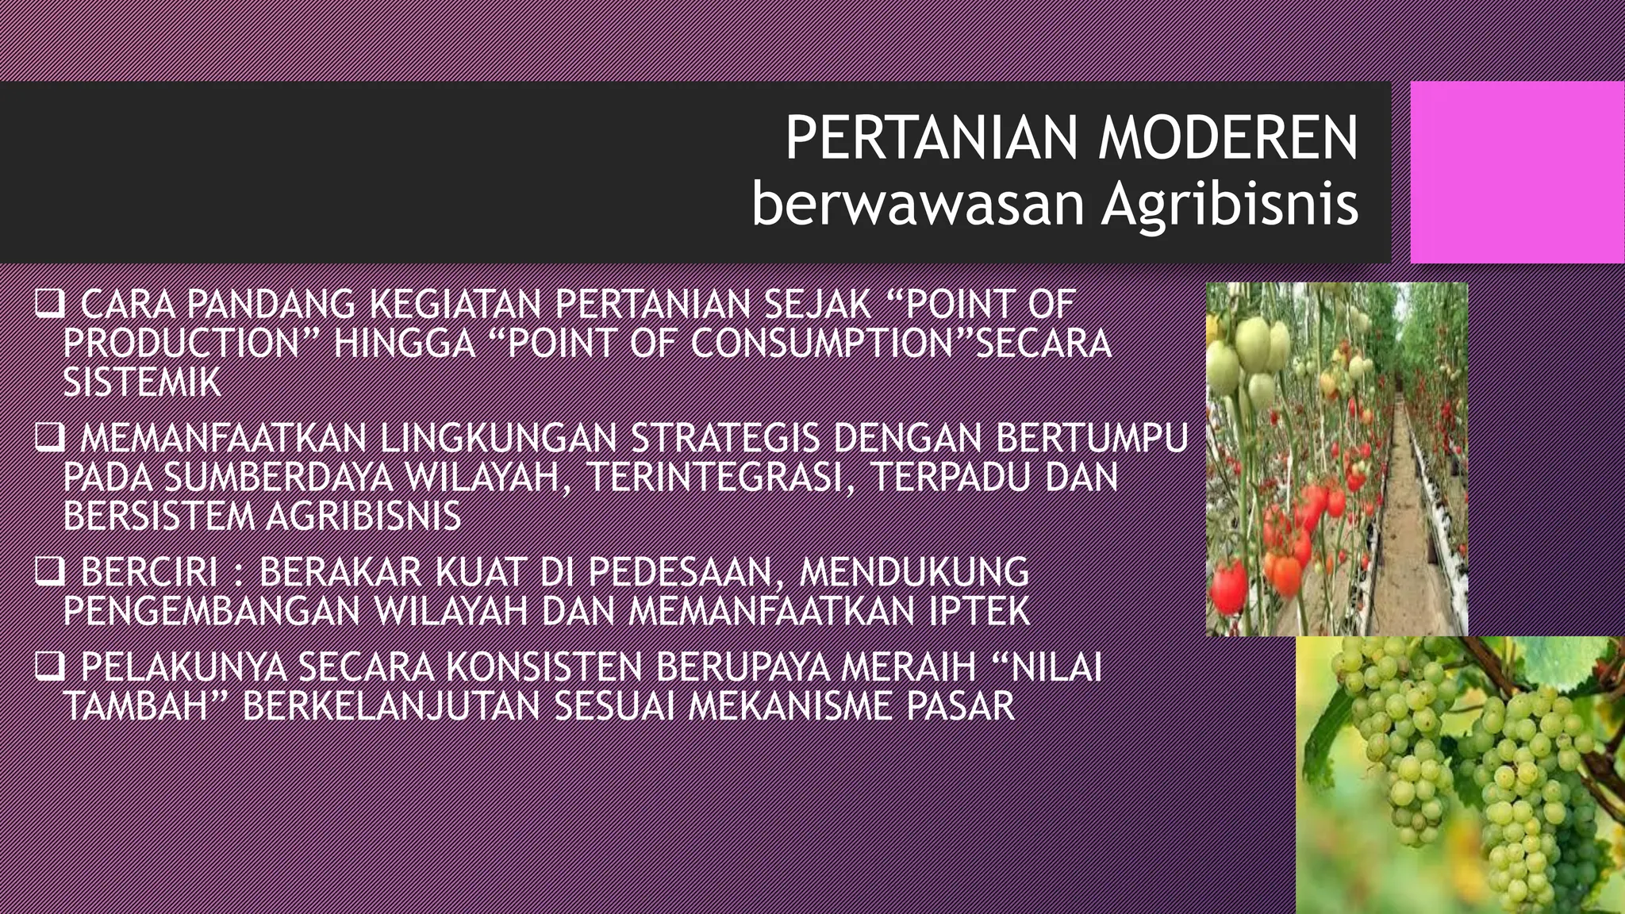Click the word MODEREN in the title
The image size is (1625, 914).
[x=1227, y=139]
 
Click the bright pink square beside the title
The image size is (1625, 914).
[x=1516, y=172]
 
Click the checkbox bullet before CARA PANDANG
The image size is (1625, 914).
[x=49, y=305]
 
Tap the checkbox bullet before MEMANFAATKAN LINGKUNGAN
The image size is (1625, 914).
[x=49, y=439]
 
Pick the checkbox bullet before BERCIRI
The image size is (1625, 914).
[x=49, y=572]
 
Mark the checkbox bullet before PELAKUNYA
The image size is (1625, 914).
[x=49, y=667]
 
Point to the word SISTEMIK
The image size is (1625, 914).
[x=142, y=383]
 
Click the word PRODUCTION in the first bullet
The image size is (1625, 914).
[x=181, y=344]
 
